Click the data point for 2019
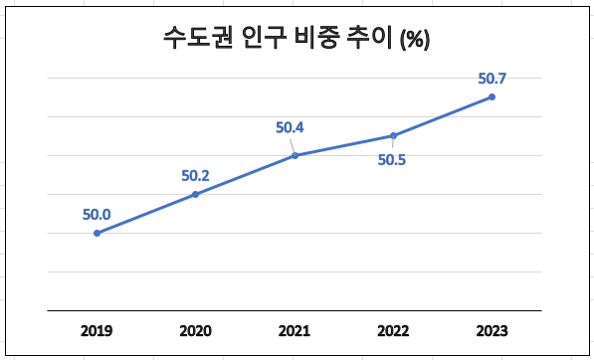click(x=97, y=233)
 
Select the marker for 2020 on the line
click(x=195, y=194)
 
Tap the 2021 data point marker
click(x=295, y=155)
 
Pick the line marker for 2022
click(x=393, y=135)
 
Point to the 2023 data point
click(x=492, y=96)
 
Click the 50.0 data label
click(x=97, y=213)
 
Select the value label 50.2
click(x=195, y=175)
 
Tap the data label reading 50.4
click(x=291, y=127)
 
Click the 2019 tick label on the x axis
click(x=97, y=329)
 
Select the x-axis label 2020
click(x=195, y=329)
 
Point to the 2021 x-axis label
click(x=295, y=329)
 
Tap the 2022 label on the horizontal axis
click(x=393, y=329)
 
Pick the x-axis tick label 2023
click(x=492, y=329)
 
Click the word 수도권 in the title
click(x=196, y=39)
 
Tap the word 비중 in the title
click(x=316, y=39)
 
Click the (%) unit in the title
click(x=414, y=41)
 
